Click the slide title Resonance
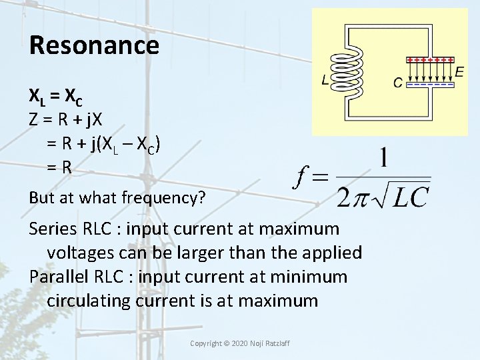94,45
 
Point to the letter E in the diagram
460,71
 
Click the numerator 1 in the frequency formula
383,159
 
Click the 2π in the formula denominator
351,197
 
